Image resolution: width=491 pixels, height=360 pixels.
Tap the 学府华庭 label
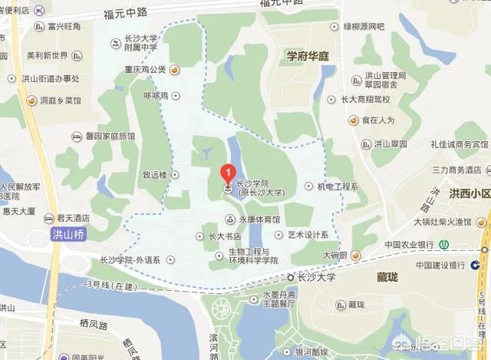(x=307, y=56)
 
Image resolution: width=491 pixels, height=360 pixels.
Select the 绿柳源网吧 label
(x=363, y=27)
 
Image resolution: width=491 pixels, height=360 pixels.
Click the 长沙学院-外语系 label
(x=130, y=260)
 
